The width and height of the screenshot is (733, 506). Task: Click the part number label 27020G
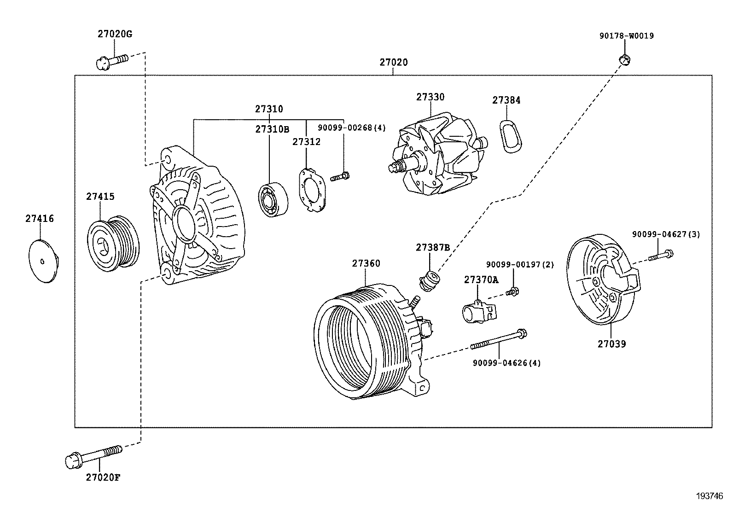click(x=115, y=34)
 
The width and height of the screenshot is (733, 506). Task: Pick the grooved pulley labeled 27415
click(x=113, y=240)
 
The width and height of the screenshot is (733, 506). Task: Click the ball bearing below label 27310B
click(x=273, y=199)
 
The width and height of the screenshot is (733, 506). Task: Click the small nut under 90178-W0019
click(x=624, y=58)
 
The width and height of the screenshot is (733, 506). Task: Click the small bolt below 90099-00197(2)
click(x=512, y=291)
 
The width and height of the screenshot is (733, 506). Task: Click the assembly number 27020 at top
click(x=393, y=62)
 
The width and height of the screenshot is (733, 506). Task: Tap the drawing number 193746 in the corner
click(x=710, y=496)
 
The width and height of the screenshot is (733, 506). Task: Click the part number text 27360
click(x=366, y=264)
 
